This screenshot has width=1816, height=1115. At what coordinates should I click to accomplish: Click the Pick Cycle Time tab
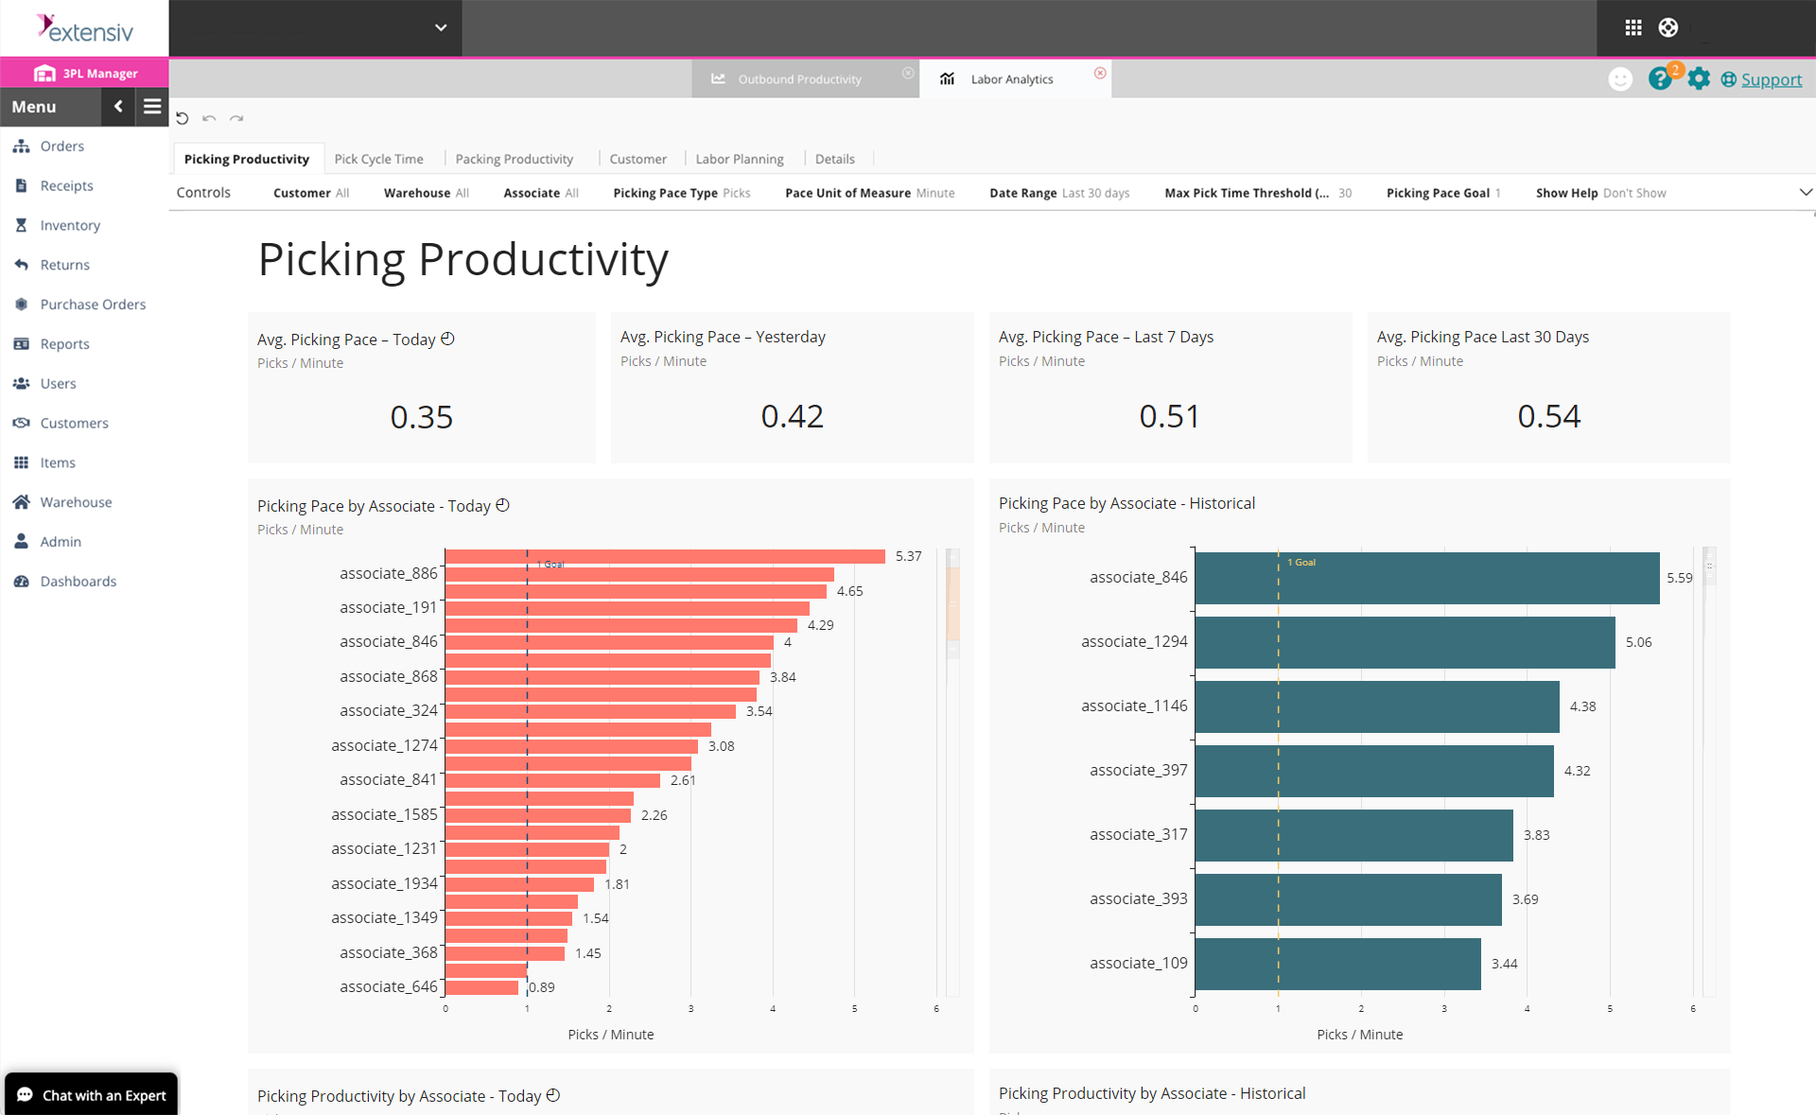(x=378, y=159)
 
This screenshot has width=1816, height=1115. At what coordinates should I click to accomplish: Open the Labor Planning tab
(x=739, y=159)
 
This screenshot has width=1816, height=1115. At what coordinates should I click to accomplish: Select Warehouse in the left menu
(x=76, y=502)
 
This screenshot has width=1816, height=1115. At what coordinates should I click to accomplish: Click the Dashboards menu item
(x=78, y=582)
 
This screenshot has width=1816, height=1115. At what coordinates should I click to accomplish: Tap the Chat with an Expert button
(x=92, y=1094)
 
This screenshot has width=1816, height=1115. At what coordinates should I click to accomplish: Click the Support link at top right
(x=1771, y=79)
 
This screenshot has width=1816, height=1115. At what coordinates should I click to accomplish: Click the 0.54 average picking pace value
(x=1548, y=416)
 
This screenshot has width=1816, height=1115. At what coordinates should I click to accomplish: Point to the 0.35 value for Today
(x=421, y=417)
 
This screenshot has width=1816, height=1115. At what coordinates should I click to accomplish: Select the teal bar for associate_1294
(x=1405, y=642)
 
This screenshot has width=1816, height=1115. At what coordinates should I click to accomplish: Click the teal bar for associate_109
(x=1337, y=964)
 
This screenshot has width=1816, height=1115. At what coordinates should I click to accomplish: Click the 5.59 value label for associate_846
(x=1679, y=578)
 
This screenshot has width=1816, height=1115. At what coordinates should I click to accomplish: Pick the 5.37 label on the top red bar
(x=908, y=556)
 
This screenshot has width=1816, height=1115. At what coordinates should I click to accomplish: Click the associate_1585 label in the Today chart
(x=384, y=814)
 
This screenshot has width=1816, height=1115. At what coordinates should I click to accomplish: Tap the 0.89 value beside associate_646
(x=542, y=987)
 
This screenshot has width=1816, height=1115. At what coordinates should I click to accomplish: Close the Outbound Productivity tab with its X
(x=908, y=73)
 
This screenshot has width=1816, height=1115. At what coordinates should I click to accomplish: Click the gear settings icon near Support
(x=1699, y=79)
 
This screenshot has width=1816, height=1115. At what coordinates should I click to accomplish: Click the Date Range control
(x=1058, y=193)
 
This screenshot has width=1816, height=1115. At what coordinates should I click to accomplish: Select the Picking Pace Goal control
(x=1442, y=193)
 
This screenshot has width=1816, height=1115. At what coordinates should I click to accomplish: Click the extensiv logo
(x=85, y=28)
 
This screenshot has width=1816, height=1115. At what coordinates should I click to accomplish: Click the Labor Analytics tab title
(x=1011, y=79)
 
